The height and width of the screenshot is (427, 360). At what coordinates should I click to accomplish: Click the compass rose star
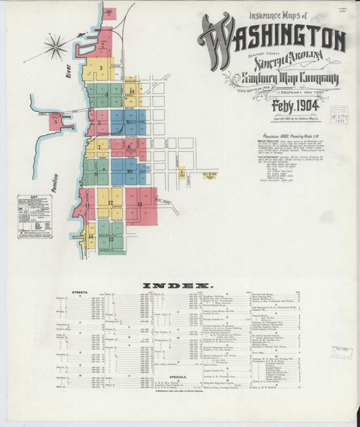click(55, 47)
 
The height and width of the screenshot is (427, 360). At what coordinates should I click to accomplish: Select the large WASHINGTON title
click(274, 38)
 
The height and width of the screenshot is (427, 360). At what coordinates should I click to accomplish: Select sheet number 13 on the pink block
click(140, 202)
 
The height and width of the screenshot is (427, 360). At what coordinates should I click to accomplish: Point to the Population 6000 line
click(283, 137)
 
